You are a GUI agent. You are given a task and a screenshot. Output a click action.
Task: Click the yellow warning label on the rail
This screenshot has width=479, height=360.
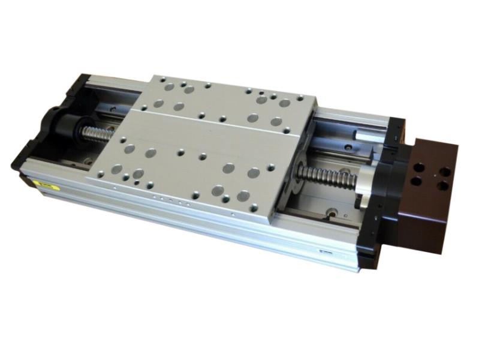click(46, 186)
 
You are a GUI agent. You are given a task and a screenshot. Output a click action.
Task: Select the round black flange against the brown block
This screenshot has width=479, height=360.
click(396, 180)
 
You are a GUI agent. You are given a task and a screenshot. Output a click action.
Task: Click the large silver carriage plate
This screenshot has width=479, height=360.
click(198, 144)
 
